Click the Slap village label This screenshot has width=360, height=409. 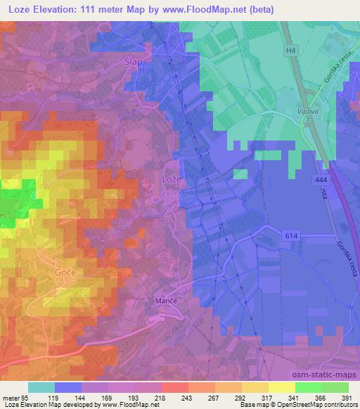coord(133,61)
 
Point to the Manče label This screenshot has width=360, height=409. coord(164,300)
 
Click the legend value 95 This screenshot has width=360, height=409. coord(25,397)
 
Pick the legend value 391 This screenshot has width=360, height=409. coord(346,397)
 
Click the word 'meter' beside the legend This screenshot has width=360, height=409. coord(10,397)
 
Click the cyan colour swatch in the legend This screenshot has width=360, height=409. coord(41,387)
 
